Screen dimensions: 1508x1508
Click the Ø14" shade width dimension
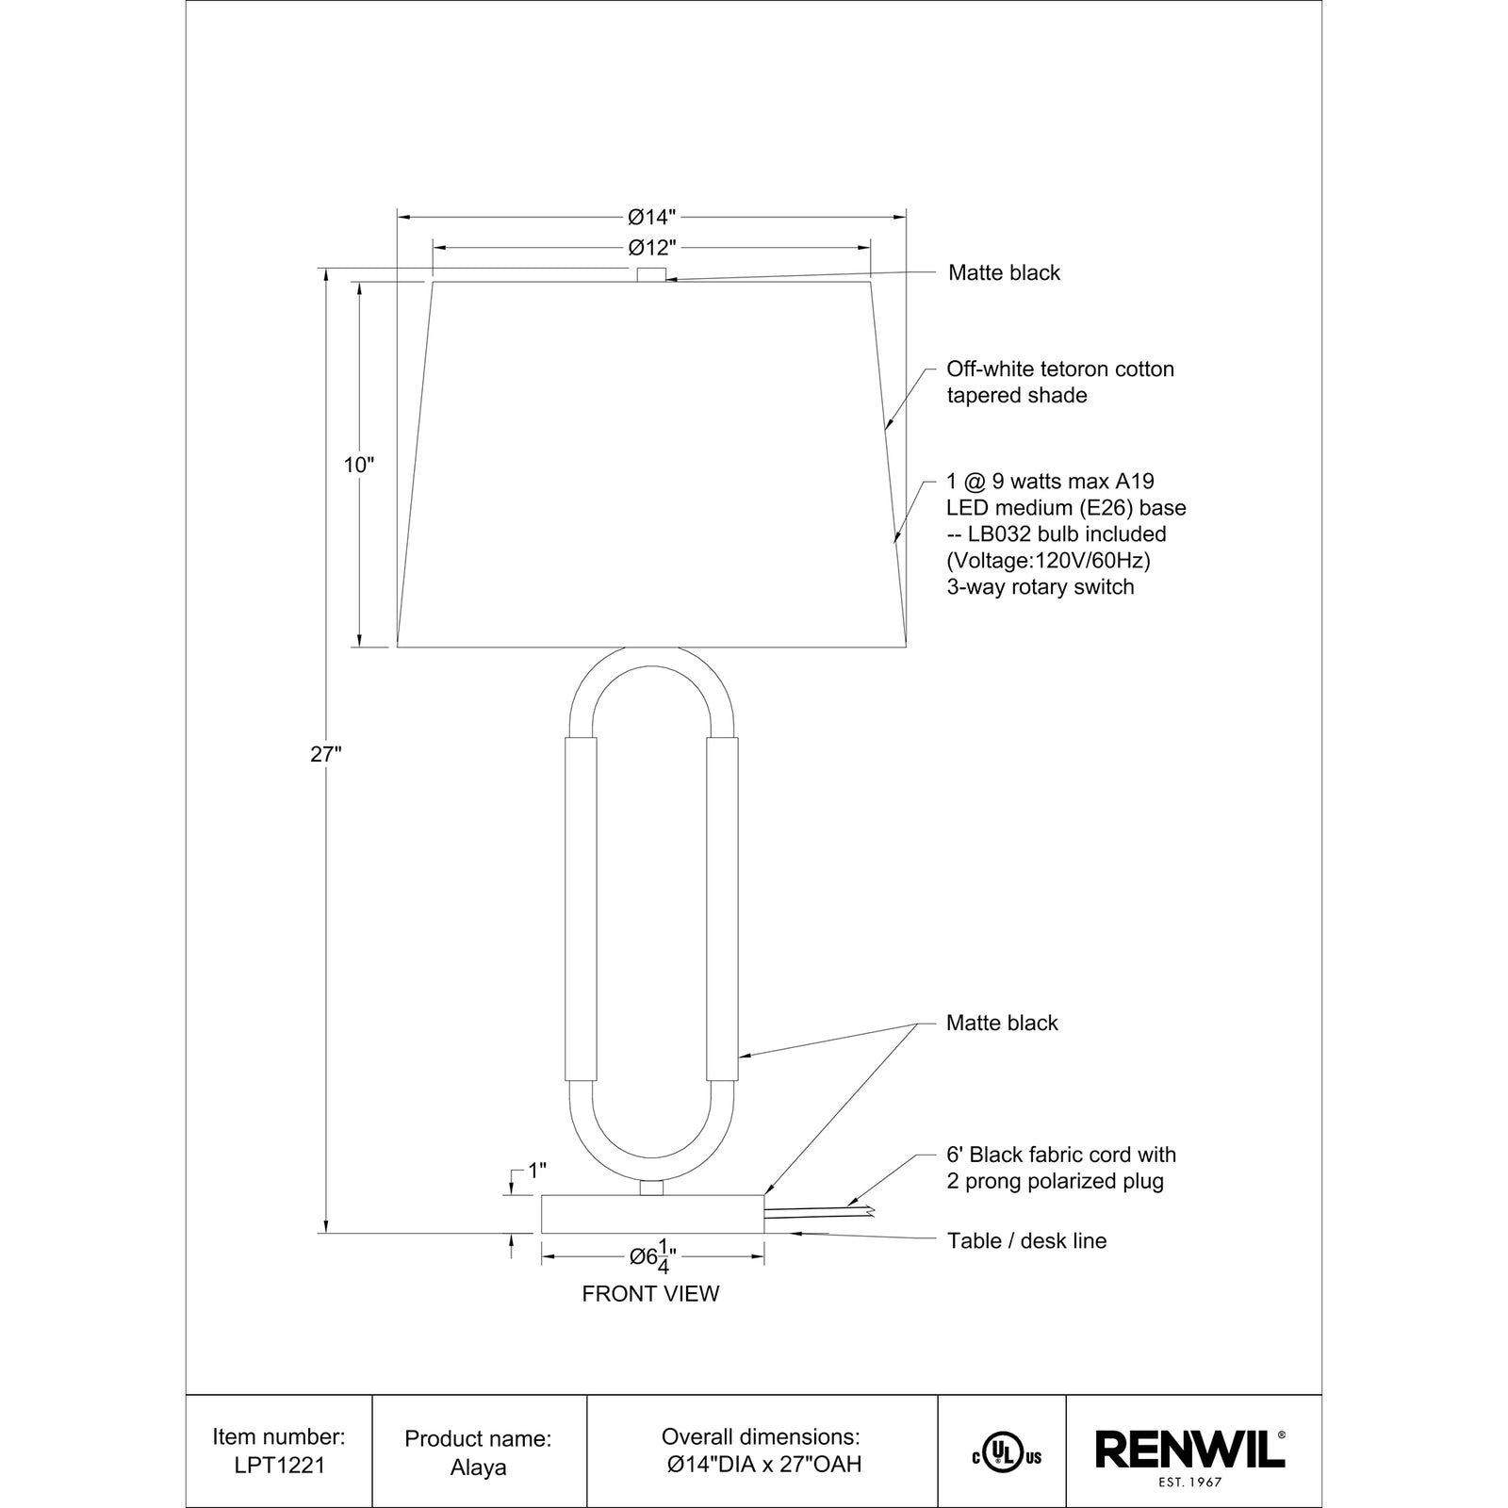(x=652, y=218)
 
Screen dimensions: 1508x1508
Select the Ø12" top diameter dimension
(x=652, y=248)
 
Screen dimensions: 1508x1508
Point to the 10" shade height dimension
(x=359, y=465)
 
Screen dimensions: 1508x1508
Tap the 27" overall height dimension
(x=325, y=754)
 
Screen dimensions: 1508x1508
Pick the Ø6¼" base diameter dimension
(x=653, y=1257)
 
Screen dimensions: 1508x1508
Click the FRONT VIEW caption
(x=650, y=1294)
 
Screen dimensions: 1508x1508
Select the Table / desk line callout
(x=1026, y=1240)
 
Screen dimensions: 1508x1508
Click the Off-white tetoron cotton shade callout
(x=1060, y=382)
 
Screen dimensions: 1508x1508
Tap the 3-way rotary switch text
(x=1041, y=587)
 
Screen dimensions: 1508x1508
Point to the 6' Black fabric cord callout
(x=1061, y=1168)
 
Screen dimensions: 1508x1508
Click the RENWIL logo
(x=1190, y=1450)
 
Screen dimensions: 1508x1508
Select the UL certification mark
(x=1007, y=1456)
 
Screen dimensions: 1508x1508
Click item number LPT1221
(x=279, y=1466)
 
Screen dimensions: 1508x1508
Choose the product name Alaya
(x=478, y=1467)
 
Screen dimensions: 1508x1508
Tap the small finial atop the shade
(x=651, y=274)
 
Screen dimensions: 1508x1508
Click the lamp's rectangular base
(x=652, y=1214)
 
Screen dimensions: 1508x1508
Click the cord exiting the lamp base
(x=820, y=1211)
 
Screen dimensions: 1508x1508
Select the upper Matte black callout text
(x=1004, y=273)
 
